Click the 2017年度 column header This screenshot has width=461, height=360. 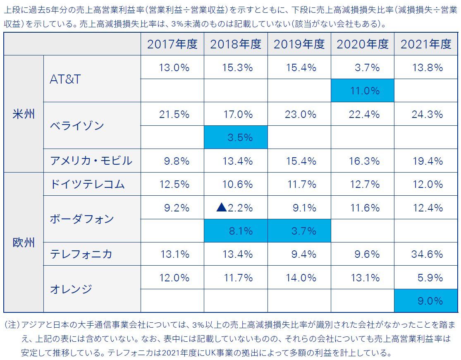tap(172, 44)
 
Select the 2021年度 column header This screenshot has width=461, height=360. tap(426, 44)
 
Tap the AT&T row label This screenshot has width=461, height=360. tap(65, 79)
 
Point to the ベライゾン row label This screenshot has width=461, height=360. tap(77, 125)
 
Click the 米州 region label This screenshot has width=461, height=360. tap(24, 114)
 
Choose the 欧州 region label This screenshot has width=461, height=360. tap(24, 242)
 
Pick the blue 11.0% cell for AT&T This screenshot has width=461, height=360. tap(363, 91)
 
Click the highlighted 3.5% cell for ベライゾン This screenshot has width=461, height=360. tap(236, 137)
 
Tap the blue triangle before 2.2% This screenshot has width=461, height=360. tap(222, 207)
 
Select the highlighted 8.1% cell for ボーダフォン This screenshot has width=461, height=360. tap(236, 231)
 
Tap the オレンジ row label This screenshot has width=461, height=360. tap(71, 289)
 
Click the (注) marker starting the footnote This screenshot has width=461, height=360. tap(12, 324)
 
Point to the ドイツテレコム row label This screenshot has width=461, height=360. tap(87, 184)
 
